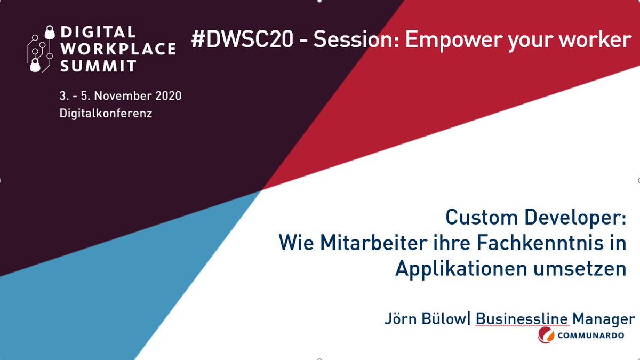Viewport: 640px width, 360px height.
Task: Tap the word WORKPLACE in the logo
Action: (117, 49)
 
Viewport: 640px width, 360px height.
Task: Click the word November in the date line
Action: (118, 97)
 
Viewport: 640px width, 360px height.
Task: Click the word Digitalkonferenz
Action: (106, 114)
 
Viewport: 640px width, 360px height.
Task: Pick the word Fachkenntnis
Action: (537, 244)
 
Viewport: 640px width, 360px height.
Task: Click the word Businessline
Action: (522, 319)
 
